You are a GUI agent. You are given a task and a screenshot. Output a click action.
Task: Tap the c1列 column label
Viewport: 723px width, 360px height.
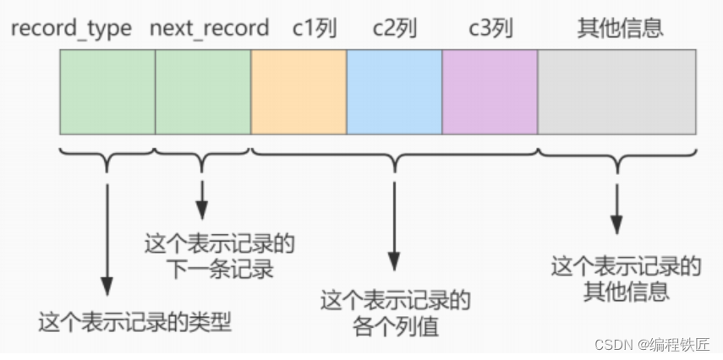click(x=315, y=28)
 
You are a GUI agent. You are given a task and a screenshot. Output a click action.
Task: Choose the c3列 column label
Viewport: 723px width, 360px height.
click(x=490, y=28)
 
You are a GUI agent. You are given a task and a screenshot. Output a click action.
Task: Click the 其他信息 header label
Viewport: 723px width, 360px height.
click(x=620, y=28)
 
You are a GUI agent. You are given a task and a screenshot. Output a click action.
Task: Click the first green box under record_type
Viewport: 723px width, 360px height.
click(x=107, y=91)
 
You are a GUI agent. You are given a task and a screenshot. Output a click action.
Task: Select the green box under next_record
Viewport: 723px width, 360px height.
click(x=203, y=91)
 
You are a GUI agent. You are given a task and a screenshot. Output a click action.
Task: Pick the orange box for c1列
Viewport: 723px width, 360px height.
click(x=299, y=91)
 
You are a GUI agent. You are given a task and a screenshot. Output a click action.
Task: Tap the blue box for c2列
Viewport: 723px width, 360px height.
click(x=394, y=91)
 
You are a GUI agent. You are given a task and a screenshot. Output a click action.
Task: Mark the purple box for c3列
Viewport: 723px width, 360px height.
click(x=490, y=91)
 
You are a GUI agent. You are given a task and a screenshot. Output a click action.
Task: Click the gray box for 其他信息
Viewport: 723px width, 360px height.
click(x=616, y=91)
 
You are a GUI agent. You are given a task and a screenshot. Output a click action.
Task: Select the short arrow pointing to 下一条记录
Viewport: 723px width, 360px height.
click(x=203, y=199)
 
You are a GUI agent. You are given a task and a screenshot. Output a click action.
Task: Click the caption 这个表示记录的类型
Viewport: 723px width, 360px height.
click(x=135, y=322)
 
